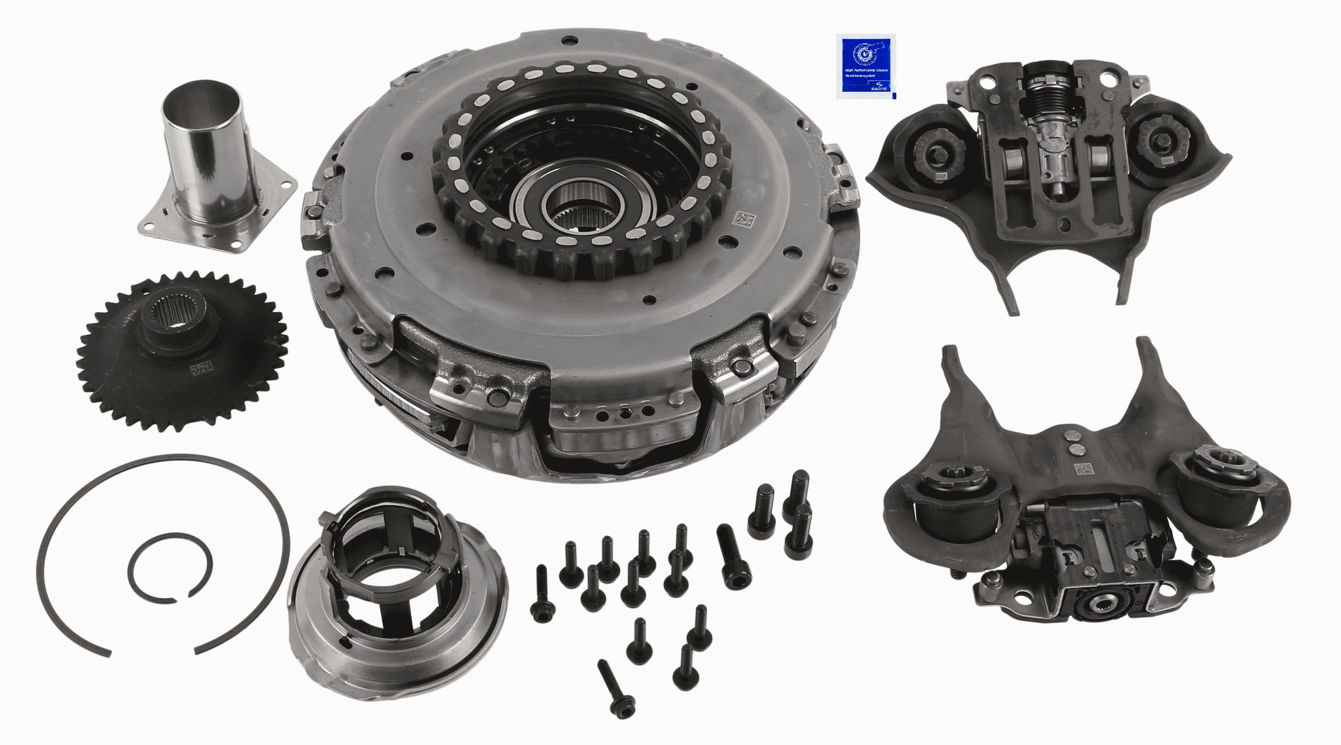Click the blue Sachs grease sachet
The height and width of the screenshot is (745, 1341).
click(865, 67)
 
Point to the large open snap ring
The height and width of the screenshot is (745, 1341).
click(161, 552)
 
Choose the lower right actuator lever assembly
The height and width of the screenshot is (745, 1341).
click(1084, 515)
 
